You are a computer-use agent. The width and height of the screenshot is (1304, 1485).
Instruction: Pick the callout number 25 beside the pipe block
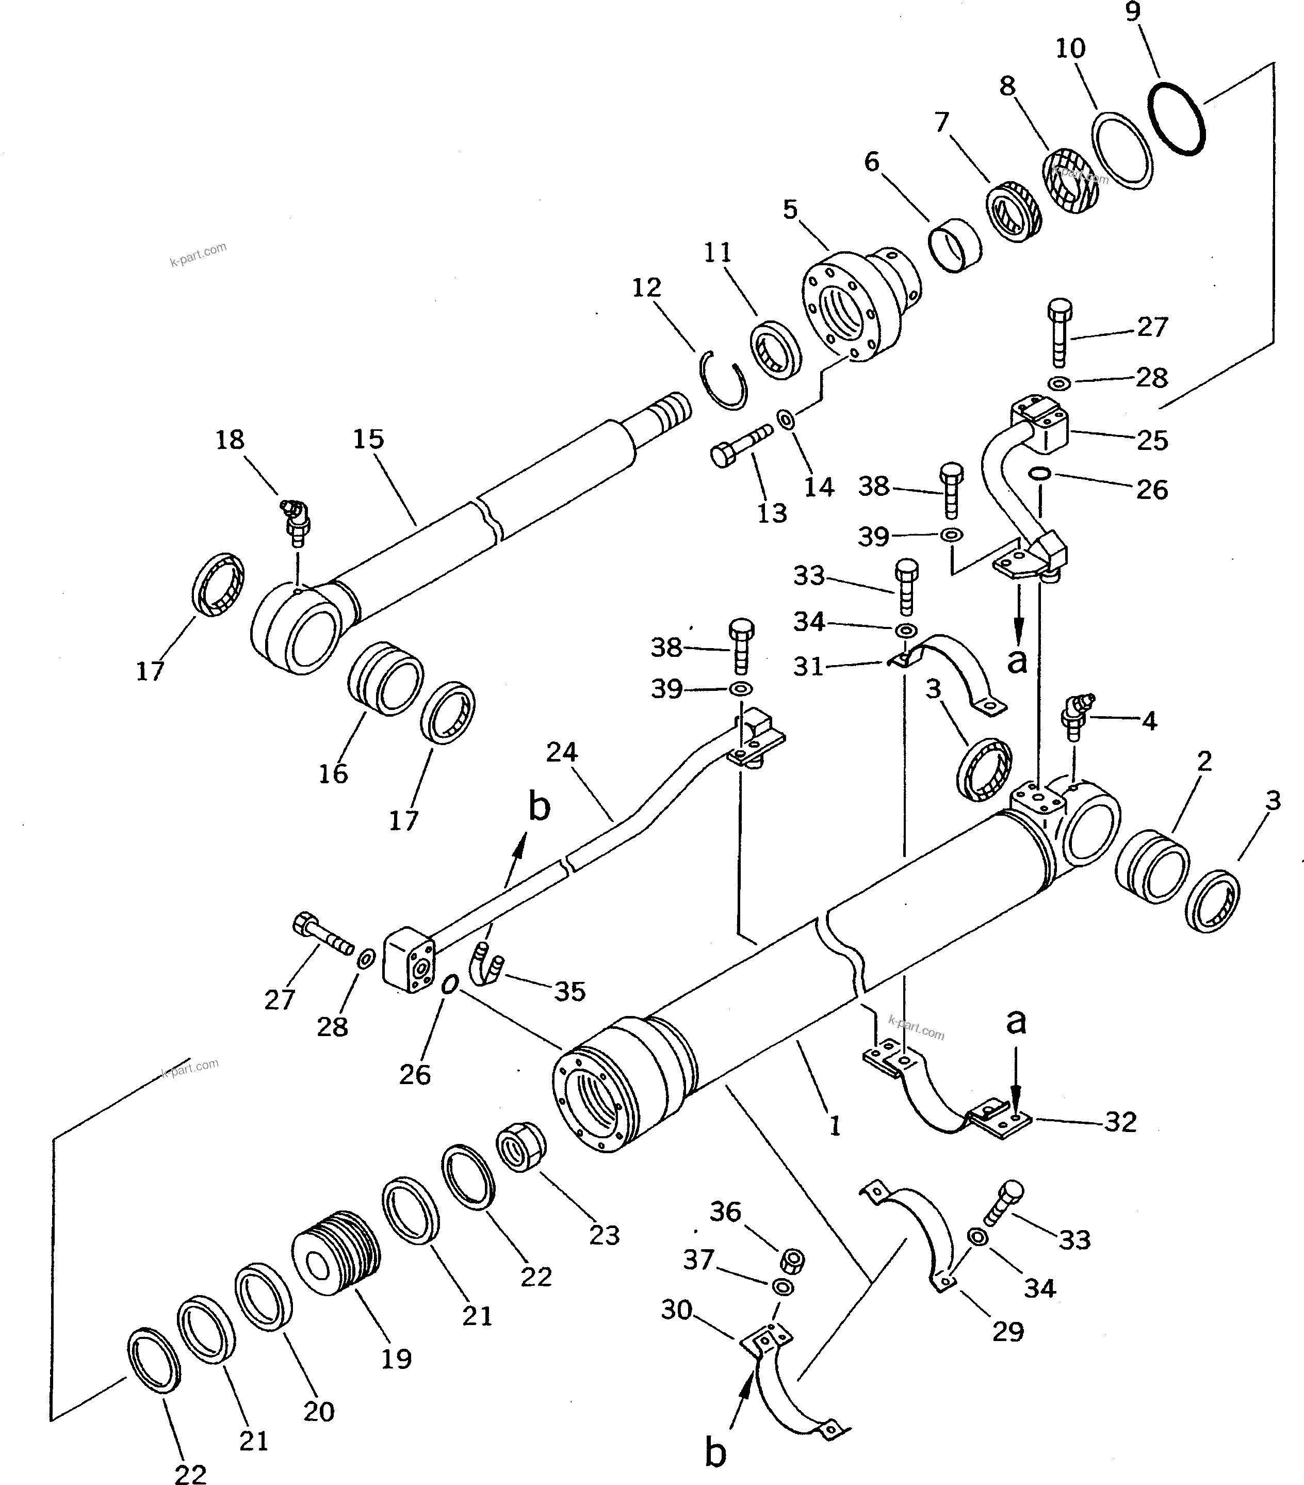point(1152,440)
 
